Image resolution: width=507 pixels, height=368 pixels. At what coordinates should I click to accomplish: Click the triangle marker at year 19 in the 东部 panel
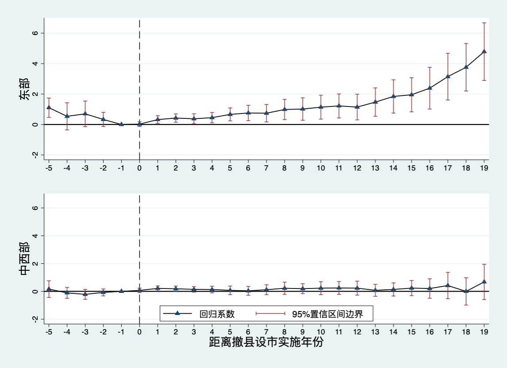[x=484, y=51]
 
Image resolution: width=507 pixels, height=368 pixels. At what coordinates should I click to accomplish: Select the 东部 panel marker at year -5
[x=49, y=107]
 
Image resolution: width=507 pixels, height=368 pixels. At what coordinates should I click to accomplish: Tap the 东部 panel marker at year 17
[x=448, y=76]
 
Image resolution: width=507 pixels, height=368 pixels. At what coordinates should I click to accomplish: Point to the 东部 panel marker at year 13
[x=375, y=102]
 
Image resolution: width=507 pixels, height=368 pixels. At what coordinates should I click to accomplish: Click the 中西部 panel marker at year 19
[x=484, y=281]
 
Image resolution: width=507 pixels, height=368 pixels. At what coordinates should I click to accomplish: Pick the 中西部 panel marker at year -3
[x=85, y=294]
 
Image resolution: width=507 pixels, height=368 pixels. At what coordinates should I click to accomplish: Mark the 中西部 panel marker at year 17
[x=448, y=285]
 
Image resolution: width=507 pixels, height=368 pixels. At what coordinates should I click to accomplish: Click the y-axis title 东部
[x=25, y=89]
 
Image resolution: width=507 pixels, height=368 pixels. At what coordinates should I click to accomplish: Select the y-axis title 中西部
[x=25, y=258]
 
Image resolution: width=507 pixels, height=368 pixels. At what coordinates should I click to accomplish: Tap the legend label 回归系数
[x=217, y=314]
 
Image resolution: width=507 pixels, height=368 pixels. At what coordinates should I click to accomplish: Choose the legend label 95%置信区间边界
[x=327, y=314]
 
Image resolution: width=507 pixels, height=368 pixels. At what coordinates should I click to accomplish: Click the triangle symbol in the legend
[x=177, y=313]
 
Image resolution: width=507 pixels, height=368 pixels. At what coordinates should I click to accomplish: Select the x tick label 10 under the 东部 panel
[x=321, y=168]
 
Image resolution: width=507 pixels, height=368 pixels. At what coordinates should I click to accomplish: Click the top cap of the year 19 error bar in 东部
[x=484, y=23]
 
